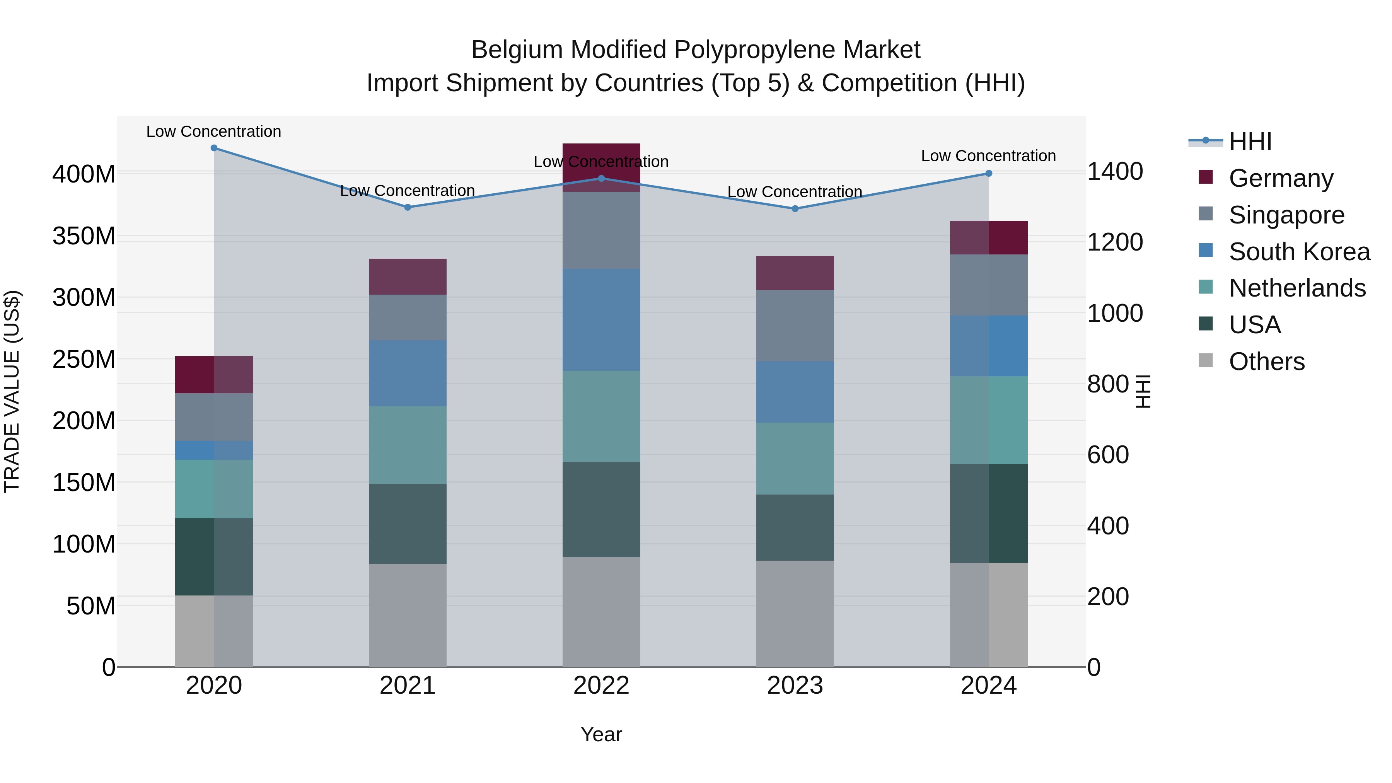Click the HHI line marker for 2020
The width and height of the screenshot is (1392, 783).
coord(214,148)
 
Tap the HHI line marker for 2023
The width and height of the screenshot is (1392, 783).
coord(795,208)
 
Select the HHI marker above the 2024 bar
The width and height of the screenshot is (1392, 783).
coord(988,174)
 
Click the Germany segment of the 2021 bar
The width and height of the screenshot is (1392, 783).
coord(408,277)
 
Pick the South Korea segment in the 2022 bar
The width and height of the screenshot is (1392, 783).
coord(601,320)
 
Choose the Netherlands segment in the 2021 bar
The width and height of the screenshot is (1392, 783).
coord(408,445)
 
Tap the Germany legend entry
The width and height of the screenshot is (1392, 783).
coord(1281,178)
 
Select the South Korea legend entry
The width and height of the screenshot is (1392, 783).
coord(1299,252)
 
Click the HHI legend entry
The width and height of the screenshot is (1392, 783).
coord(1250,142)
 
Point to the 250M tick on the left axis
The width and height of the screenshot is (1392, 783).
coord(84,359)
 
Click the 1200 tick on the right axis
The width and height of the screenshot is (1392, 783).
coord(1115,242)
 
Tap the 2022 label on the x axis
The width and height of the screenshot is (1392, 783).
coord(601,686)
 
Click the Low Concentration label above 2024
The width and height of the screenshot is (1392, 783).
coord(988,156)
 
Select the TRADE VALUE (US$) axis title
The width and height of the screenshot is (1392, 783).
coord(12,391)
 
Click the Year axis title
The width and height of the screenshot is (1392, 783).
coord(601,735)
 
